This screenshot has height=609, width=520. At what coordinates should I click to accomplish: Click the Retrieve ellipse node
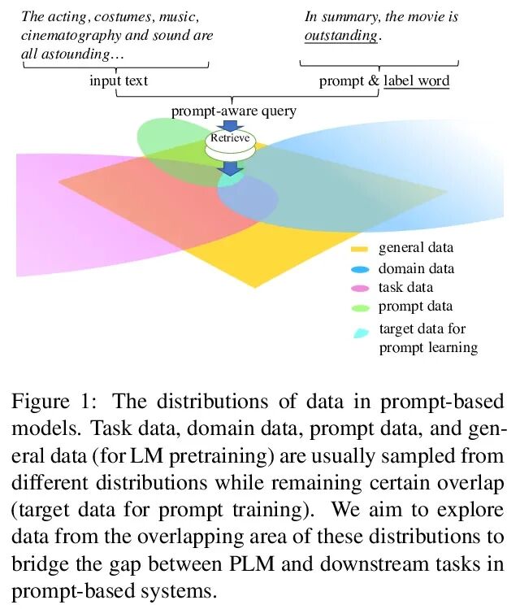[231, 139]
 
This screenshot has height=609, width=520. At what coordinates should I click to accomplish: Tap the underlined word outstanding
[341, 36]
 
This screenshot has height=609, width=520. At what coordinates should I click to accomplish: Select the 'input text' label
[119, 80]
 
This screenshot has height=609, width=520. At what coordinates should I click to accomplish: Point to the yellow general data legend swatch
[360, 249]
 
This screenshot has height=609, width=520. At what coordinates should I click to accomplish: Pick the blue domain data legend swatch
[360, 269]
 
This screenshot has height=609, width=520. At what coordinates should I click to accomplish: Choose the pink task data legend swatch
[360, 288]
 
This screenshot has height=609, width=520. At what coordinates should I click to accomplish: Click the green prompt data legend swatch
[360, 307]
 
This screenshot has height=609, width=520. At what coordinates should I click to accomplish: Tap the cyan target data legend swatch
[360, 333]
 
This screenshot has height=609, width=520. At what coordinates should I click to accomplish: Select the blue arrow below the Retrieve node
[232, 167]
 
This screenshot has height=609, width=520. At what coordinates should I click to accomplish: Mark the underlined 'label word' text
[416, 80]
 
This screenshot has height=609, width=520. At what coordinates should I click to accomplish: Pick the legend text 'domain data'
[416, 268]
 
